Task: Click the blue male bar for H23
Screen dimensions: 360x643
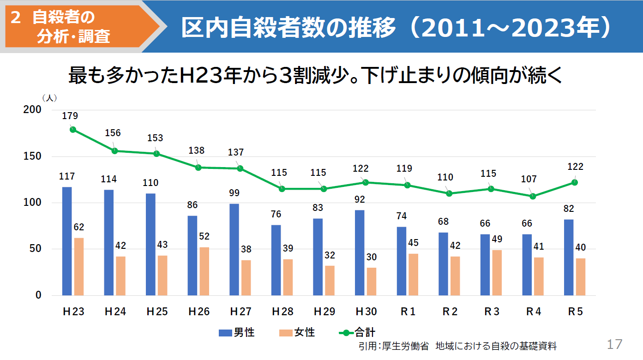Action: [x=67, y=241]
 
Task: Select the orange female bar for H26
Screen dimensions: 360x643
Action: [x=204, y=271]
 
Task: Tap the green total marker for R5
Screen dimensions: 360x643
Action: [x=575, y=182]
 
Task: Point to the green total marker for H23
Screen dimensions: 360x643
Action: [x=73, y=130]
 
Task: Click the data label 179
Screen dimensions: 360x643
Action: [x=70, y=116]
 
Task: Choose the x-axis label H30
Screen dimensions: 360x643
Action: [x=366, y=312]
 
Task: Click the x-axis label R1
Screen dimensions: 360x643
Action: [x=408, y=312]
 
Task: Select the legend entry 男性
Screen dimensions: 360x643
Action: [x=237, y=332]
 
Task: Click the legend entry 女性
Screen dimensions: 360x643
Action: [x=297, y=332]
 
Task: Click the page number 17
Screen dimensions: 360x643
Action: [x=614, y=344]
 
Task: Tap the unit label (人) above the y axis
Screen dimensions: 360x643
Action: [x=49, y=98]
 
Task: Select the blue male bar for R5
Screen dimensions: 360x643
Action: [x=569, y=258]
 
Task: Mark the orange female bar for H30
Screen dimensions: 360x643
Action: [x=372, y=282]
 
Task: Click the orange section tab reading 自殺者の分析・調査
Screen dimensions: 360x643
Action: [x=74, y=26]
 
